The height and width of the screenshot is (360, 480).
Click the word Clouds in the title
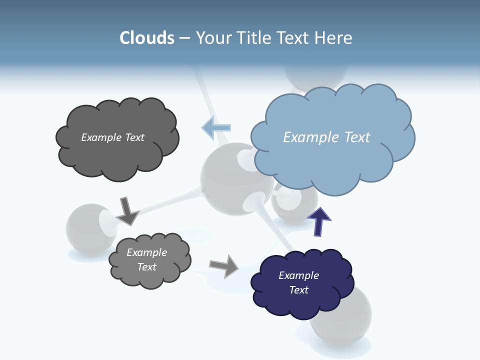click(x=147, y=38)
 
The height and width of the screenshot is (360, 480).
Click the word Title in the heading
click(x=255, y=38)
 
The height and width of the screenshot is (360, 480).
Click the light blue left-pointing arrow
click(x=216, y=128)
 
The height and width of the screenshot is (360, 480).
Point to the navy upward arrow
click(x=319, y=221)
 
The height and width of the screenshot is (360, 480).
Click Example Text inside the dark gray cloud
click(x=112, y=137)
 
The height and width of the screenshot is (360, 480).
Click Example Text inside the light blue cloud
click(x=326, y=137)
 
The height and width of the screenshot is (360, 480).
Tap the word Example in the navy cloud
click(x=298, y=275)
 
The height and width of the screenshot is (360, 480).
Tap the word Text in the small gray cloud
click(x=146, y=267)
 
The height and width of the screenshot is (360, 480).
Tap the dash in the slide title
click(x=184, y=38)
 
